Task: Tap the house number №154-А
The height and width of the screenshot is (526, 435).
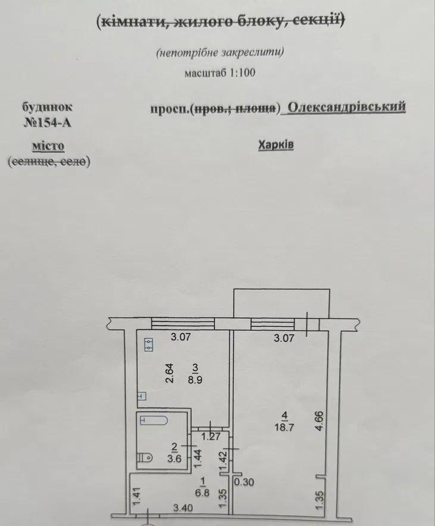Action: [x=51, y=124]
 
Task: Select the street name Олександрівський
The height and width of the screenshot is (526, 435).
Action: [x=346, y=107]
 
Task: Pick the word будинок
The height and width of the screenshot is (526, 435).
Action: [x=48, y=108]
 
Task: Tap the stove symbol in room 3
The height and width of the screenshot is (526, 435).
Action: [x=149, y=344]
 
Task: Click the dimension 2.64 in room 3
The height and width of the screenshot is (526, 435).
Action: [x=168, y=373]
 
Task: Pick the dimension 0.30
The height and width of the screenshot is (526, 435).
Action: [x=244, y=483]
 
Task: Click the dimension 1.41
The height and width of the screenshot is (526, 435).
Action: [x=136, y=496]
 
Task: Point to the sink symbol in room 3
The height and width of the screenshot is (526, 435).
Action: [x=142, y=395]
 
